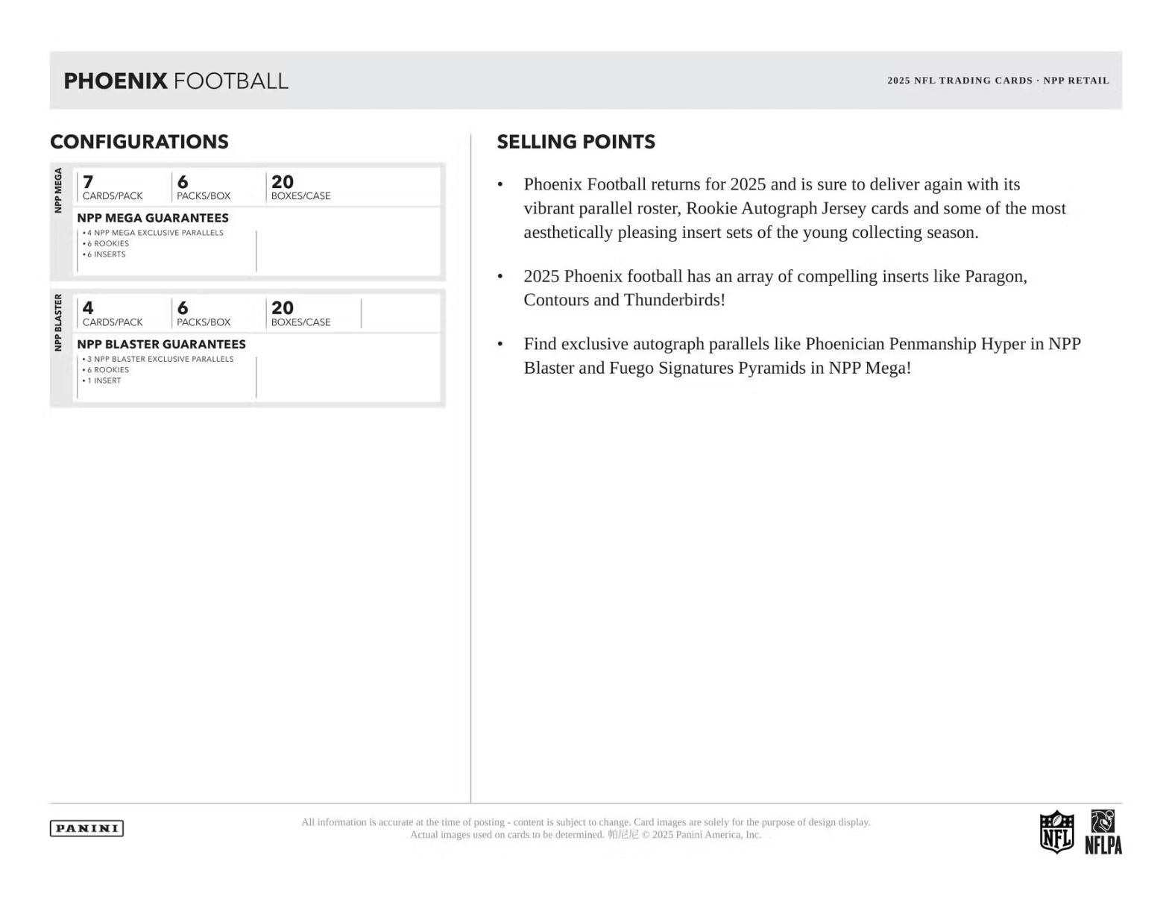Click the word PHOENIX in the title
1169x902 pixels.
click(x=116, y=81)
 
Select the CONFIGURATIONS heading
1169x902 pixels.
click(x=139, y=142)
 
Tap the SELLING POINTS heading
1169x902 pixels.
click(x=576, y=142)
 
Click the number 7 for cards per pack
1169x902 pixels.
click(x=88, y=182)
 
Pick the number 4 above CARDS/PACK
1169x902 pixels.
click(x=88, y=308)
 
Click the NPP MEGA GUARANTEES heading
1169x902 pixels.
click(x=153, y=218)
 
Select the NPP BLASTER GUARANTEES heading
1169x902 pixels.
click(x=161, y=344)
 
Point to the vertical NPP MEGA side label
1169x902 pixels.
click(x=58, y=190)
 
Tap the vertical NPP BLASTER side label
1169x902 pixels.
click(x=58, y=322)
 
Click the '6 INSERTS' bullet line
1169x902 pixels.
click(x=106, y=254)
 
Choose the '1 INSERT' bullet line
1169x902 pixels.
click(x=104, y=380)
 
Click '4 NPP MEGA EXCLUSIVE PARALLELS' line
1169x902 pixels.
click(x=154, y=233)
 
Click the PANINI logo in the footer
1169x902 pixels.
click(x=86, y=828)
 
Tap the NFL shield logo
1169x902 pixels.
click(x=1056, y=831)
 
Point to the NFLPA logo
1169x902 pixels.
click(x=1103, y=832)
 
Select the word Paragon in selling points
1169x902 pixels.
click(x=995, y=276)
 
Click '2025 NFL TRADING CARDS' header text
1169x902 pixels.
click(x=960, y=81)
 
